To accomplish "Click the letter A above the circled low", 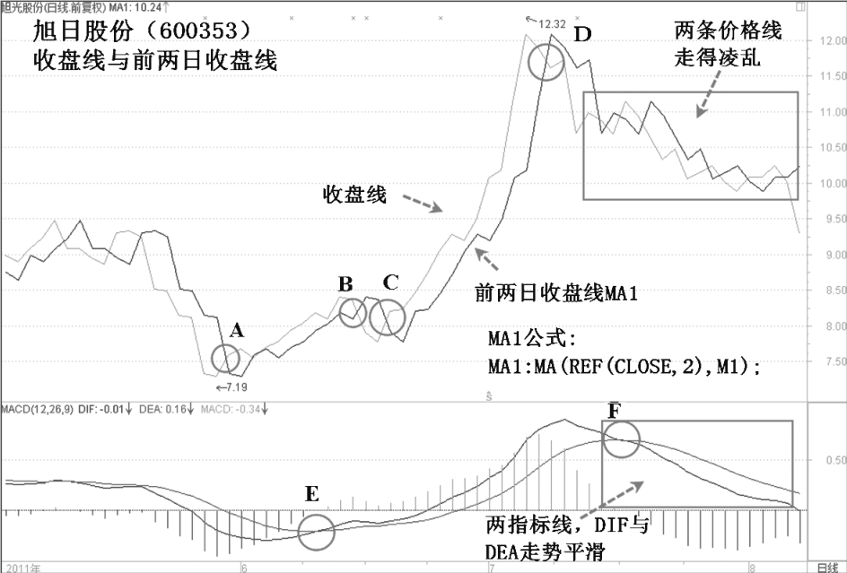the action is point(237,330).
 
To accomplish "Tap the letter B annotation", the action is point(345,285).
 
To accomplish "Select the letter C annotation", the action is point(389,282).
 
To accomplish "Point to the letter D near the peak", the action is point(583,36).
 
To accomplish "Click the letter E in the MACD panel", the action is point(310,493).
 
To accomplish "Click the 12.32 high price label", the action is point(551,24).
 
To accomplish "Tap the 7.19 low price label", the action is point(235,386).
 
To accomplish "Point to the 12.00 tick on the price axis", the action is point(826,41).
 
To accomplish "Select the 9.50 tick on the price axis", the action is point(826,219).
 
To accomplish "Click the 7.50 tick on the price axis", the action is point(826,362).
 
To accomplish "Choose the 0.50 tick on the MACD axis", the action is point(826,461).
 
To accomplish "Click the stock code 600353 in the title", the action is point(196,31).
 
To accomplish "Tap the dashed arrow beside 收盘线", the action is point(422,202).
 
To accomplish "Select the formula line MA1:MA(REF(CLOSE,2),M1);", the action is point(624,365).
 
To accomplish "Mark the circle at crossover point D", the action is point(546,62).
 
